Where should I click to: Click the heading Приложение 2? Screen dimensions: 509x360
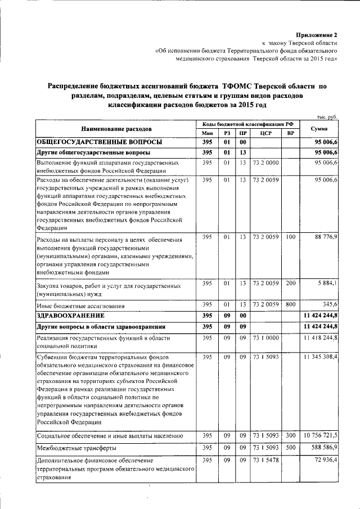(317, 35)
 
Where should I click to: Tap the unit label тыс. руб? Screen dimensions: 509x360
(327, 116)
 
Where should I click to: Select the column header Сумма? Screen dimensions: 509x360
(319, 128)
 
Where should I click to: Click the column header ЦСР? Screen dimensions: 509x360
(266, 133)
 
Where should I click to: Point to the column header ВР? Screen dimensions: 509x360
(290, 133)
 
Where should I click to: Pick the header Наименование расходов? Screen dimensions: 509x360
(116, 128)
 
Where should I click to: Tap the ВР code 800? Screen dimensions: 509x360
(290, 304)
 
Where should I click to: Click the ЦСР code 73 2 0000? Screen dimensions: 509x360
(266, 163)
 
